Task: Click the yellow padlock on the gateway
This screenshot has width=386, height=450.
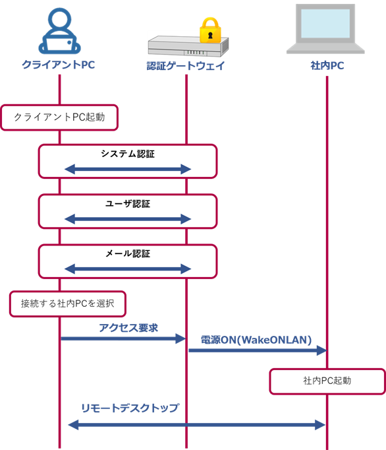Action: click(210, 30)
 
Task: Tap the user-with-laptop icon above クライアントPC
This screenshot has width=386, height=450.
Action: click(59, 31)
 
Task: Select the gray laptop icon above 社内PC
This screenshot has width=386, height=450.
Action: click(325, 28)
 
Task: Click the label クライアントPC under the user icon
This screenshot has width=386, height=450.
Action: click(59, 65)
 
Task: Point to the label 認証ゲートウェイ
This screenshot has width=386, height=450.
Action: click(186, 66)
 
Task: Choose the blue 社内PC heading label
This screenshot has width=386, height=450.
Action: click(327, 66)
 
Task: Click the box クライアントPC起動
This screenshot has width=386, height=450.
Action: click(59, 117)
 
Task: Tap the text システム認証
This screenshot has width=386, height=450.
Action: click(128, 154)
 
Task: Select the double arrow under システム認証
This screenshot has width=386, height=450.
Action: click(128, 169)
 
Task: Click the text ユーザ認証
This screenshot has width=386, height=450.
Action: click(128, 204)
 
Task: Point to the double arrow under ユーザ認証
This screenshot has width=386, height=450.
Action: click(128, 219)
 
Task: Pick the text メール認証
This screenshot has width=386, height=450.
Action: click(128, 253)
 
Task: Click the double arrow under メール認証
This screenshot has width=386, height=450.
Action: click(128, 269)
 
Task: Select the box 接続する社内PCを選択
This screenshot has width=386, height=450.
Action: click(68, 304)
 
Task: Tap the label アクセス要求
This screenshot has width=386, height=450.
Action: click(128, 328)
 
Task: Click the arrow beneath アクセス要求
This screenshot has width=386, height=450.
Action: click(123, 338)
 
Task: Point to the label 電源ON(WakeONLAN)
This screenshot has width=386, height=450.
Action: click(256, 340)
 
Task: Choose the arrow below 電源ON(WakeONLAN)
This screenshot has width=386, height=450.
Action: click(258, 350)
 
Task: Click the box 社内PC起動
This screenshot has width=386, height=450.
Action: click(327, 381)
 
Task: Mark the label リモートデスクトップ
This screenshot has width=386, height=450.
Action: click(130, 408)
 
